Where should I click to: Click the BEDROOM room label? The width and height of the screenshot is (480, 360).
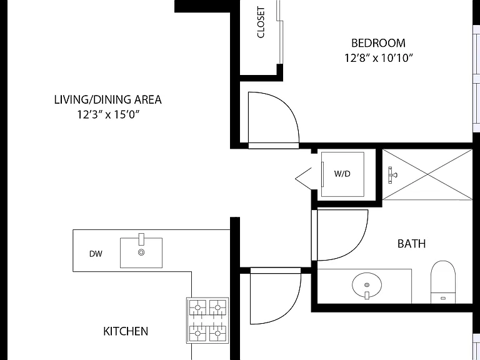pos(378,43)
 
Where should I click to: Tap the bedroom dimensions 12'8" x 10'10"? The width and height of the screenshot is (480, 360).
pos(379,57)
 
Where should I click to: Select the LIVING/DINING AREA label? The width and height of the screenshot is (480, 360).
pos(107,100)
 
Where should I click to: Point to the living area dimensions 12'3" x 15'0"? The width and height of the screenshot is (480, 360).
pos(108,114)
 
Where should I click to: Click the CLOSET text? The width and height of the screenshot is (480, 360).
pos(261,22)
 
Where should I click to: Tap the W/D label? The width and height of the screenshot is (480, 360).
pos(342,174)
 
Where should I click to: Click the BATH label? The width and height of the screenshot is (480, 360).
pos(411,244)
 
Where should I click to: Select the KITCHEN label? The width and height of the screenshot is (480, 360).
pos(126,331)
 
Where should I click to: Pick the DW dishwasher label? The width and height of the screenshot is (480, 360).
pos(96,254)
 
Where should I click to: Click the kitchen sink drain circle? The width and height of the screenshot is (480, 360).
pos(141,252)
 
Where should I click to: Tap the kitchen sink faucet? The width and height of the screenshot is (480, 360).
pos(141,239)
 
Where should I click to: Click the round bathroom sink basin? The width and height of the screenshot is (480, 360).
pos(367,285)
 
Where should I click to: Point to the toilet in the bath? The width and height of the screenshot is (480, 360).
pos(443,282)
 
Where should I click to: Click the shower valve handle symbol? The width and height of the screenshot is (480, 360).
pos(391,175)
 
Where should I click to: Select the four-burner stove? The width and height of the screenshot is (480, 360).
pos(207,320)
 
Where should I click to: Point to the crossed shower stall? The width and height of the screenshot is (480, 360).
pos(427,174)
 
